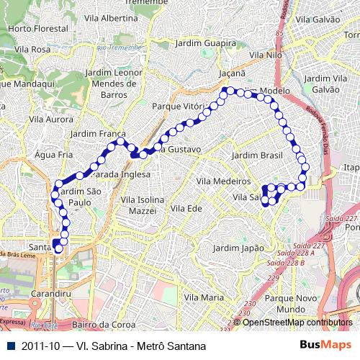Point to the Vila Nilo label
265,55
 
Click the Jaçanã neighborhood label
233,73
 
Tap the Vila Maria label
202,297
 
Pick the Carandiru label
51,294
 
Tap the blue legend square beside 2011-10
9,346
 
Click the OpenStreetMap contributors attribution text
298,323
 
